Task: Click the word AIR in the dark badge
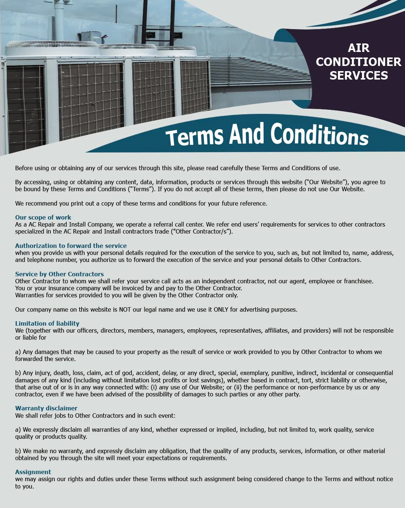click(358, 48)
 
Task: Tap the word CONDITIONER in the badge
click(358, 62)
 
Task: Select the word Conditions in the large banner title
click(319, 134)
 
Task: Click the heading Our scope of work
click(43, 217)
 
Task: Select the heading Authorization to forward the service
click(71, 246)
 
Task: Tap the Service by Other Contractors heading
click(59, 274)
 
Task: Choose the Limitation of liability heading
click(47, 323)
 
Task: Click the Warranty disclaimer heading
click(46, 408)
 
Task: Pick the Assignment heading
click(33, 472)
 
